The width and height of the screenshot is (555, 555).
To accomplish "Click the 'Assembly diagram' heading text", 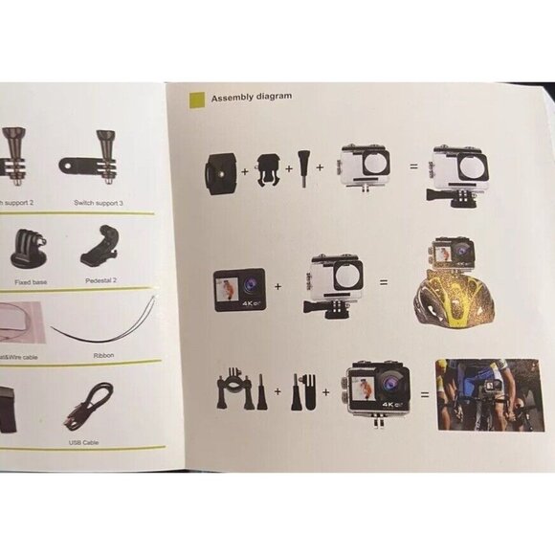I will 252,98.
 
